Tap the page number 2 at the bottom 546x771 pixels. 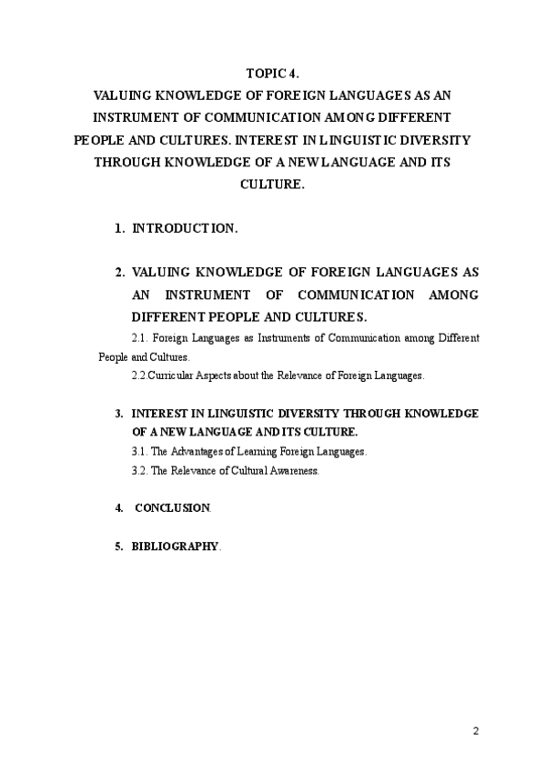[x=476, y=732]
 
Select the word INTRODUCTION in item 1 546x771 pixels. [x=186, y=228]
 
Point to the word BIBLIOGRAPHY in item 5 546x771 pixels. [x=175, y=546]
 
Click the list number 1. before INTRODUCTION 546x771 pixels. [x=120, y=228]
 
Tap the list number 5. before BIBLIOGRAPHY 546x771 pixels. [x=119, y=546]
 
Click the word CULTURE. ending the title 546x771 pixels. [x=272, y=183]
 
